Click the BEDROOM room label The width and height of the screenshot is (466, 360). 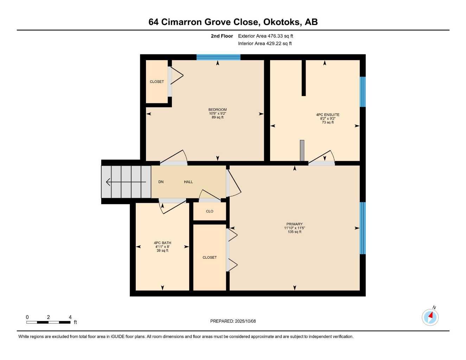(x=217, y=109)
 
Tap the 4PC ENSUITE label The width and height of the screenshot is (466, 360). (x=328, y=115)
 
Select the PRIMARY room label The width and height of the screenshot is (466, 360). (x=294, y=224)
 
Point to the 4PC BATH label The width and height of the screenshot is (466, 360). (x=162, y=243)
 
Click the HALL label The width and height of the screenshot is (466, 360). (x=188, y=182)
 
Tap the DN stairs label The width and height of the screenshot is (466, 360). (x=161, y=182)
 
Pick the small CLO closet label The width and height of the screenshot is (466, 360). (x=210, y=211)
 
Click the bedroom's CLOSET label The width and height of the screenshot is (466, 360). (x=157, y=82)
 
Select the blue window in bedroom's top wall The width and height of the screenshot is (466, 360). (x=218, y=57)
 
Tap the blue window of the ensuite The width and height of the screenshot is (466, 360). (x=362, y=92)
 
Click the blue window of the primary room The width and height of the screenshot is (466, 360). (x=362, y=228)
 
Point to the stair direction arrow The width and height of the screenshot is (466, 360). (x=126, y=182)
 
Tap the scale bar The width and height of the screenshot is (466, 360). (x=49, y=322)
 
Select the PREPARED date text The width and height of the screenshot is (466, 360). (x=233, y=321)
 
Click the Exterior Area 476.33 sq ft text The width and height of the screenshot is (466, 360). (x=266, y=36)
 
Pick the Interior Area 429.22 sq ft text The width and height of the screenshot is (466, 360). (x=265, y=44)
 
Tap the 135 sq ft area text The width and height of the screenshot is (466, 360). (x=294, y=232)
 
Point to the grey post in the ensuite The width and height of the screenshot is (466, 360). (x=302, y=150)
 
